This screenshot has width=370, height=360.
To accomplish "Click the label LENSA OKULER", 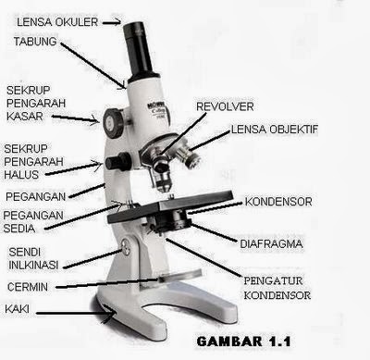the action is click(57, 22).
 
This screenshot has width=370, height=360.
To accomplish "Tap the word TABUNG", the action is click(35, 42).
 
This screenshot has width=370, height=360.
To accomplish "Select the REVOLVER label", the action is click(225, 106).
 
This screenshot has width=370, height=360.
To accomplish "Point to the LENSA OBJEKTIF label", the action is click(274, 130).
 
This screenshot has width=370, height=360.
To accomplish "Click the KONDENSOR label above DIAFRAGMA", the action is click(278, 202).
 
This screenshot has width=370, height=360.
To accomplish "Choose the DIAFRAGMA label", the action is click(271, 244).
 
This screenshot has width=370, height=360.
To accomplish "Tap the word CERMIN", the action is click(28, 287).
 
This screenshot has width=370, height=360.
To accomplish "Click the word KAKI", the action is click(18, 308).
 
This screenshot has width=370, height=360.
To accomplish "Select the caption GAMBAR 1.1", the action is click(243, 341).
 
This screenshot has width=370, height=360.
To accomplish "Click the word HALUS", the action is click(21, 175).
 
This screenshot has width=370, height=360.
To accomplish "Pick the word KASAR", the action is click(25, 117).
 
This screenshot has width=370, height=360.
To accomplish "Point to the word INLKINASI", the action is click(33, 265).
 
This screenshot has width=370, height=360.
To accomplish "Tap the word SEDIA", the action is click(19, 229).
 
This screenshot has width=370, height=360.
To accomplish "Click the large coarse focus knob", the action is click(114, 123).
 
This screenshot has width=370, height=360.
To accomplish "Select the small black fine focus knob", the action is click(118, 161).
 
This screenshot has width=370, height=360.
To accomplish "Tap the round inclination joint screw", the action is click(126, 247).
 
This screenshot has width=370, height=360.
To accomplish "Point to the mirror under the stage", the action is click(180, 276).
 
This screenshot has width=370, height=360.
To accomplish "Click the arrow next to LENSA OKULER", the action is click(112, 22).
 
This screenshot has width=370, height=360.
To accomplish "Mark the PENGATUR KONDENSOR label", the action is click(277, 288).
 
